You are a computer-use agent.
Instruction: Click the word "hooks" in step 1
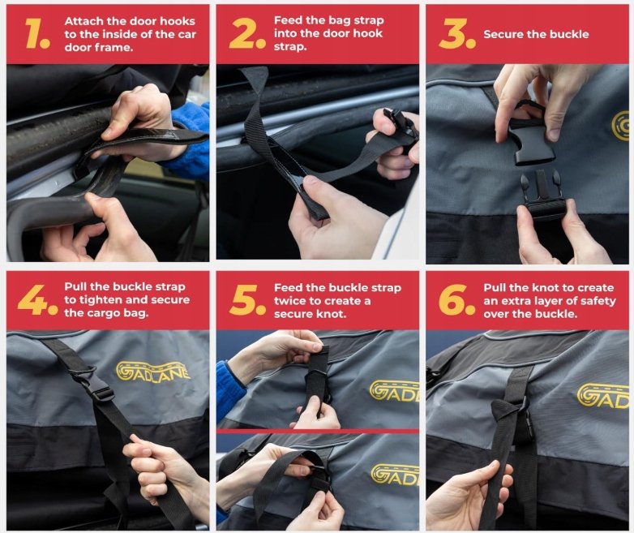click(x=177, y=21)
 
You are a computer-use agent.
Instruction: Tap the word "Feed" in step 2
click(x=288, y=20)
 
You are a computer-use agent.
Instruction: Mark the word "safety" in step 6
click(x=596, y=301)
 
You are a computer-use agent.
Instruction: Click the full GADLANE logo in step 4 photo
click(x=153, y=371)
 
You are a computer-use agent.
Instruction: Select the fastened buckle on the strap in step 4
click(x=93, y=384)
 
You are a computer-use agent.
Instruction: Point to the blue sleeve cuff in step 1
click(x=189, y=140)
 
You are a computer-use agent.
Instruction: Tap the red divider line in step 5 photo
click(x=318, y=432)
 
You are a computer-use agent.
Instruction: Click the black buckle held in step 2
click(x=402, y=123)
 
